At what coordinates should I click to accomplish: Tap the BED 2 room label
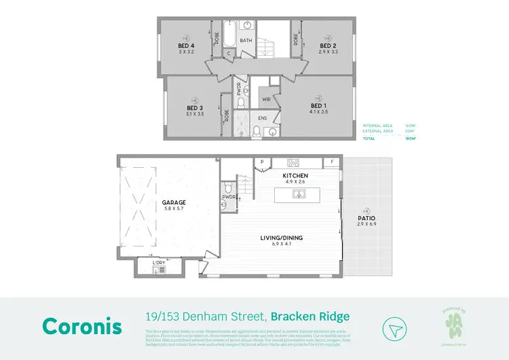(x=328, y=46)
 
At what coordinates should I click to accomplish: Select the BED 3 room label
(x=195, y=108)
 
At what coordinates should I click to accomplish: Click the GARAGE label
(x=174, y=202)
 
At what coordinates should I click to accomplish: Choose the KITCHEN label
(x=296, y=175)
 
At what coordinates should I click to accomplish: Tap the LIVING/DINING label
(x=283, y=238)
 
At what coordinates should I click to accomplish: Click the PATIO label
(x=366, y=219)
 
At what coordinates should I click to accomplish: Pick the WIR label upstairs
(x=267, y=99)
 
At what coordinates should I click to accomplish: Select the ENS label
(x=263, y=117)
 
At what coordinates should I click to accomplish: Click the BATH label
(x=246, y=41)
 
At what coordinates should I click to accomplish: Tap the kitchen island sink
(x=299, y=194)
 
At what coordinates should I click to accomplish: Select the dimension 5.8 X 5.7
(x=174, y=209)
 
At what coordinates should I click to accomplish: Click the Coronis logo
(x=81, y=325)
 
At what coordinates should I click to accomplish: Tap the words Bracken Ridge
(x=311, y=317)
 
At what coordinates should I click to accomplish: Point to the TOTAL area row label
(x=369, y=138)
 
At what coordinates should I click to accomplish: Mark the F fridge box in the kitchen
(x=333, y=162)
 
